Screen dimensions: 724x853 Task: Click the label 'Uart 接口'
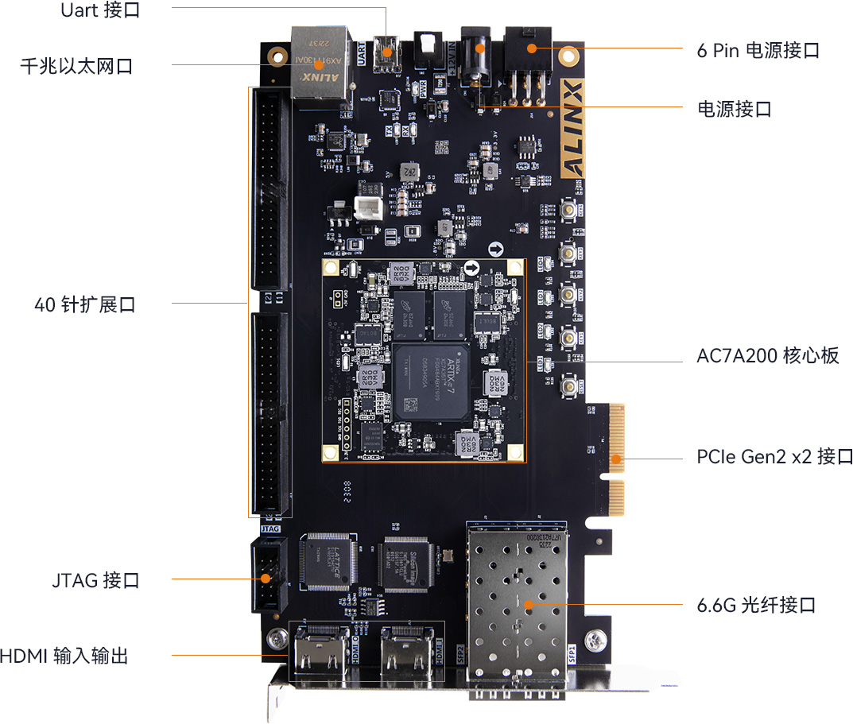(x=101, y=11)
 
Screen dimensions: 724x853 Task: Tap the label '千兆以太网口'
(x=76, y=66)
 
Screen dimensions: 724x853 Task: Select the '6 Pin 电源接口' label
(x=758, y=51)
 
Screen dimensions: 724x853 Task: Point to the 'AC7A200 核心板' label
(x=767, y=355)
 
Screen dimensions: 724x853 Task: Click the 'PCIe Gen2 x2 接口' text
(x=774, y=457)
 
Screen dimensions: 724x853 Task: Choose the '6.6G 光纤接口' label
(x=756, y=606)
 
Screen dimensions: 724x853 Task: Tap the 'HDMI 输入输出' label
(x=64, y=656)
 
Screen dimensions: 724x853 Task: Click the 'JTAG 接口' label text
(x=96, y=580)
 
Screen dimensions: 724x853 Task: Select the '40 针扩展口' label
(x=85, y=304)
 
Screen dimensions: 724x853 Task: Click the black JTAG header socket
(x=269, y=575)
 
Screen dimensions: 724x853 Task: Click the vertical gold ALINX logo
(x=572, y=128)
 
